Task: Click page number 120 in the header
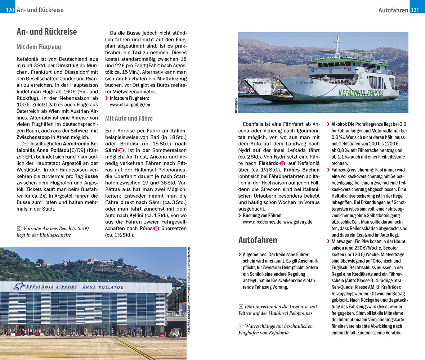coord(10,10)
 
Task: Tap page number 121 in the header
coord(415,10)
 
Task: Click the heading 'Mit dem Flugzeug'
coord(39,47)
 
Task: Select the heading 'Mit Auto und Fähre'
coord(129,118)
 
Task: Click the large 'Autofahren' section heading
coord(258,240)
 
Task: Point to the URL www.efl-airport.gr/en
coord(130,105)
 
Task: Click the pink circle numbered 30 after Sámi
coord(121,150)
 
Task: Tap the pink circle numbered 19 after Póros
coord(156,228)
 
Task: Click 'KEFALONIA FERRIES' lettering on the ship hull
coord(361,93)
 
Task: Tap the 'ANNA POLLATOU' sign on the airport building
coord(103,287)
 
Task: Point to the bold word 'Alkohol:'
coord(341,124)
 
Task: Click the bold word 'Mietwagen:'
coord(343,242)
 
